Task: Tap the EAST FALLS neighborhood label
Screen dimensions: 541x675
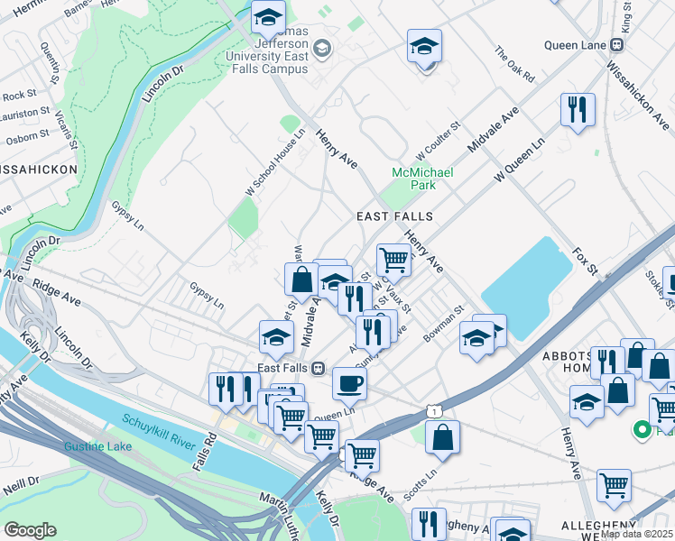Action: pos(394,216)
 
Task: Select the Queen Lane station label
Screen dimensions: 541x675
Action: pos(577,44)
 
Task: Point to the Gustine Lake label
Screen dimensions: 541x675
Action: pos(97,446)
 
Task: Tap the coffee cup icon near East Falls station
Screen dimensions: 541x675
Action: pos(349,382)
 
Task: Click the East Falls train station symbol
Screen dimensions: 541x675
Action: pos(319,368)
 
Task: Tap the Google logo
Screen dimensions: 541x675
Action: pos(30,529)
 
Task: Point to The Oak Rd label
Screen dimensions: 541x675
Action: pos(514,65)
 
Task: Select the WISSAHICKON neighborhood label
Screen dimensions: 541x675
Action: pos(38,169)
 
